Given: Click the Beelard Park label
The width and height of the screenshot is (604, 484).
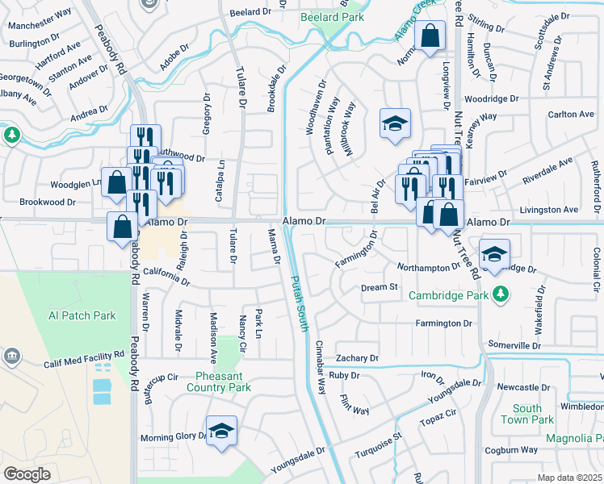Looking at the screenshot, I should pos(332,16).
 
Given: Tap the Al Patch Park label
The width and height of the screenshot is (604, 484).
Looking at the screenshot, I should pos(82,315).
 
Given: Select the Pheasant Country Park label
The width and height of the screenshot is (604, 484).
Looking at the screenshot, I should pos(224,382).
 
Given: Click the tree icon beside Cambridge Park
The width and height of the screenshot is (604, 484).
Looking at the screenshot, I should pos(501,294).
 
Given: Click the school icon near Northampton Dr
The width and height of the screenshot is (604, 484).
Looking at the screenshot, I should pos(494,254).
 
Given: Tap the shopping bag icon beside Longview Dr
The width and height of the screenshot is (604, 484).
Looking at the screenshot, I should pos(430,35).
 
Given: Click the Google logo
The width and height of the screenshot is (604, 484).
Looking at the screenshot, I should pos(27,474).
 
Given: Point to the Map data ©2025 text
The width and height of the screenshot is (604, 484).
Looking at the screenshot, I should pos(569,478).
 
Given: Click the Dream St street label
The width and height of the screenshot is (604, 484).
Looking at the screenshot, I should pos(380,287).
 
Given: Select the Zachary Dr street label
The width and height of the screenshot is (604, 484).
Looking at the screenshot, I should pos(359,357).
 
